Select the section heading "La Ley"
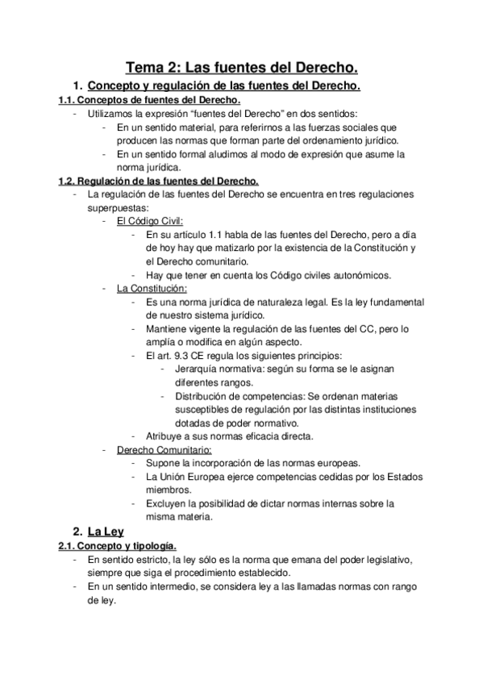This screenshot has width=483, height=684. [x=108, y=532]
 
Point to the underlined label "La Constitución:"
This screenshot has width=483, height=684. [x=152, y=287]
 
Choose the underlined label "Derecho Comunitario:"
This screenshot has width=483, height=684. [x=164, y=449]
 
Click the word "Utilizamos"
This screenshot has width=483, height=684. [x=113, y=114]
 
